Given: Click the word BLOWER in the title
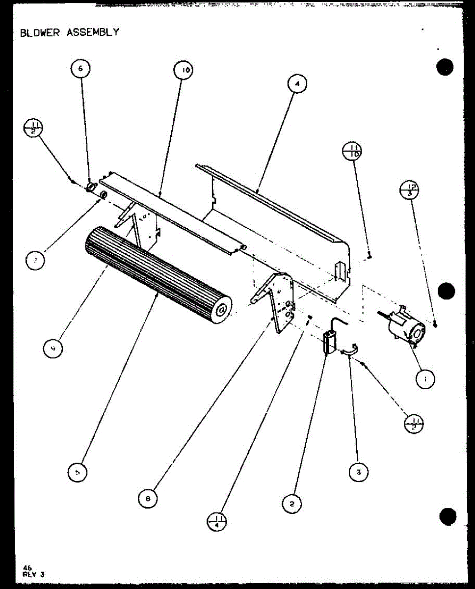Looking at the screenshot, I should coord(40,32).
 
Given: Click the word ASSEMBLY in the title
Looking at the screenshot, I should coord(93,32).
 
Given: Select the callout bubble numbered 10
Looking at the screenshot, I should coord(183,70).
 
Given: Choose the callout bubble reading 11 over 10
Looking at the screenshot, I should coord(352,149).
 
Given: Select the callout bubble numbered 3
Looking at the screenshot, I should coord(359,472).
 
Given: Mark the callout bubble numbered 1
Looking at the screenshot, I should coord(425,378).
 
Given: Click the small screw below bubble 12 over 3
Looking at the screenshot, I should coord(436,323).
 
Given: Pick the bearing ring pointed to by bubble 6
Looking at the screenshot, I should coord(90,187).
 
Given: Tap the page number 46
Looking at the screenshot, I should coord(27,567).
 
